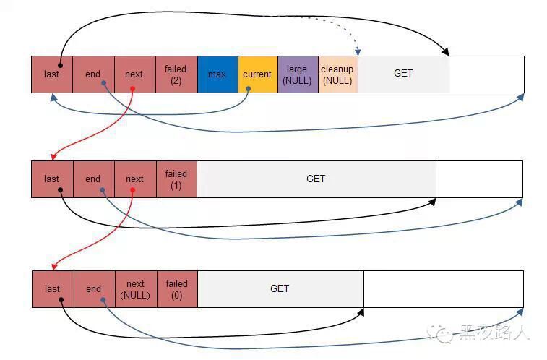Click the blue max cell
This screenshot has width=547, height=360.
tap(217, 74)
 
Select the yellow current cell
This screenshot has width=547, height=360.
tap(257, 74)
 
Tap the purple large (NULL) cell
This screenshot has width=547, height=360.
tap(297, 74)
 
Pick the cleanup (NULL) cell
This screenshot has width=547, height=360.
tap(337, 74)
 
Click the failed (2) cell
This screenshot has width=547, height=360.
tap(176, 74)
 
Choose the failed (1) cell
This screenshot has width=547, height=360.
tap(176, 179)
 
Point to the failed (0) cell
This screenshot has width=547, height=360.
tap(177, 288)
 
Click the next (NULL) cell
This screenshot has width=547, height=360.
tap(135, 288)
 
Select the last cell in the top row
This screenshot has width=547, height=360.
tap(52, 74)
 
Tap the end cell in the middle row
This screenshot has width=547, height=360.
tap(93, 179)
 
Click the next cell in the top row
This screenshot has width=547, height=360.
tap(134, 74)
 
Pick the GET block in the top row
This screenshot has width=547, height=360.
tap(403, 74)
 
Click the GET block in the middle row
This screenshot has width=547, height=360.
tap(316, 179)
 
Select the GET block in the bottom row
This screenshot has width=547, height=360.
tap(280, 288)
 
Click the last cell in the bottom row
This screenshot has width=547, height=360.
tap(52, 288)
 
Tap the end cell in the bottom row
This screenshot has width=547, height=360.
tap(94, 288)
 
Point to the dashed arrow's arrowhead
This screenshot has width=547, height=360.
tap(358, 51)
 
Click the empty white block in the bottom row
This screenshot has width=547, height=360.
tap(443, 288)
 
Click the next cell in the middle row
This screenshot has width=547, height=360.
tap(134, 179)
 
